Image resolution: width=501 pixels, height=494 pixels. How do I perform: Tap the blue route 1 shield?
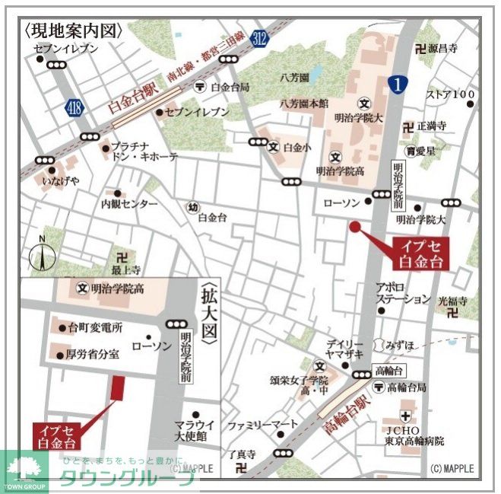[397, 84]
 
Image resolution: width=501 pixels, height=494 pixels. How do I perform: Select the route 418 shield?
[74, 107]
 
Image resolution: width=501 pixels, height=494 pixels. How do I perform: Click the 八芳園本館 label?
[304, 104]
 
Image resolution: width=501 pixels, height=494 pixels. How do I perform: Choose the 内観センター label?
[129, 205]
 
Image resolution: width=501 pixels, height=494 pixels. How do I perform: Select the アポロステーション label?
[404, 293]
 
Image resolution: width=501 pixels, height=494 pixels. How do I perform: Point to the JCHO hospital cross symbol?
[406, 416]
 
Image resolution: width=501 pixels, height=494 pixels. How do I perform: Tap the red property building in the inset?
[116, 387]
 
